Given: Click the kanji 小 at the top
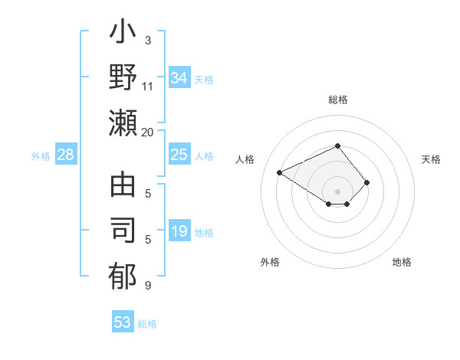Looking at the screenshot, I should point(123,34).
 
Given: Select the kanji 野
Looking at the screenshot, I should point(123,78).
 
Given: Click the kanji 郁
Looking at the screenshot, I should point(123,277).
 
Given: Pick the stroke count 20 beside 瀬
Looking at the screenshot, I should point(148,133).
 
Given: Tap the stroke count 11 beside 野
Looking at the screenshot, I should point(148,87).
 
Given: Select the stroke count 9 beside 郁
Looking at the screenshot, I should point(148,286).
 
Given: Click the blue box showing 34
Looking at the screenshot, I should point(179,78).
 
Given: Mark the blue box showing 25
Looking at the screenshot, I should point(179,155).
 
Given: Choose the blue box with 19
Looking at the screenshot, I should point(179,232).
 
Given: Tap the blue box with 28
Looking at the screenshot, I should point(66,155).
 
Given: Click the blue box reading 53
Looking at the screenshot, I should point(123,322).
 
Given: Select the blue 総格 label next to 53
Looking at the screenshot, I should point(147,324).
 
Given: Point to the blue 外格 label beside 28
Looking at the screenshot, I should point(41,156).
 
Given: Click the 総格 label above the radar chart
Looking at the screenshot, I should point(337,100).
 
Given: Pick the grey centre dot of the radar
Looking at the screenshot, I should point(337,191).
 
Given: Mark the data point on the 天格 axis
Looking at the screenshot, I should point(367,182).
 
